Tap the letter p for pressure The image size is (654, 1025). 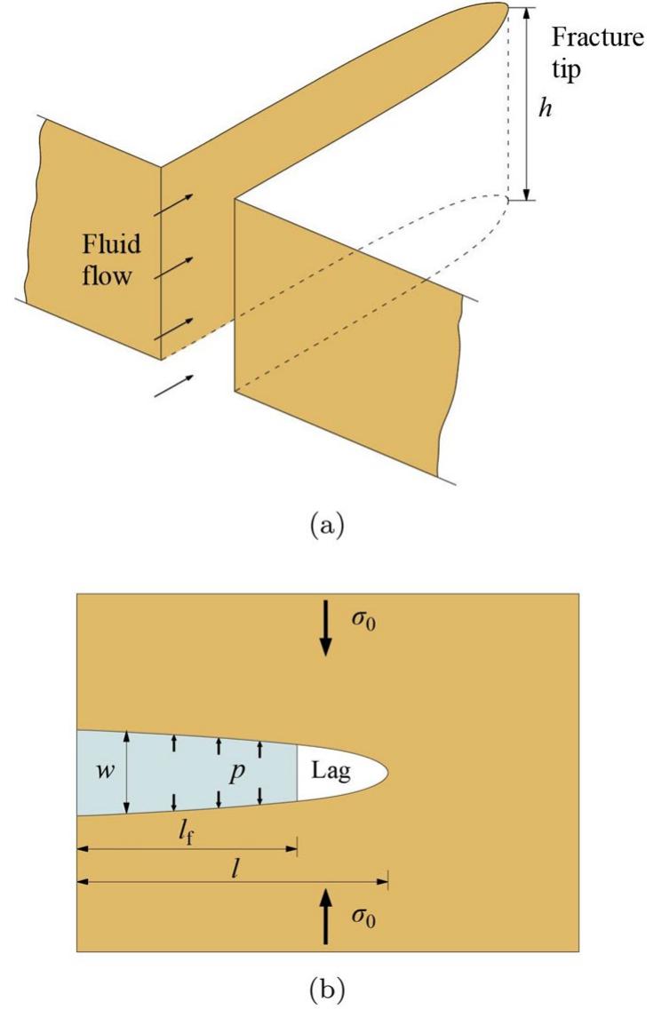(237, 771)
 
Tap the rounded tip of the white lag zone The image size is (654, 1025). (383, 770)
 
